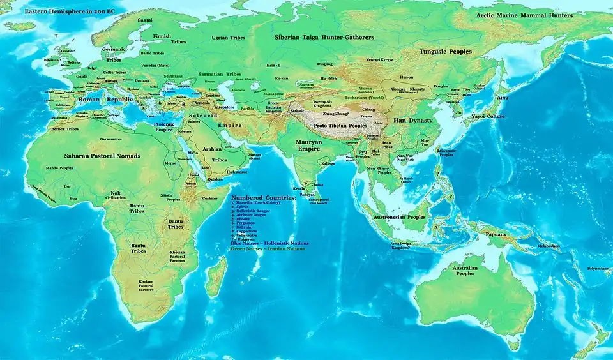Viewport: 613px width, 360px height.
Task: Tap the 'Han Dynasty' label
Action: click(x=412, y=120)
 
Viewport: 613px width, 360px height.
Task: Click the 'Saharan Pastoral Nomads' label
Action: click(x=102, y=156)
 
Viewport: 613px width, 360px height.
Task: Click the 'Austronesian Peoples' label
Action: click(x=398, y=217)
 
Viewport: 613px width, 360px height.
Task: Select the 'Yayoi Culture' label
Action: click(x=488, y=117)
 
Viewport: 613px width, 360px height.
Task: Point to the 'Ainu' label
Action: click(x=503, y=97)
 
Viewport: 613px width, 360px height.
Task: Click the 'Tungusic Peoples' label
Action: click(x=445, y=51)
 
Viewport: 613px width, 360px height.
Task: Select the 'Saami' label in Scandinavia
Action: click(x=145, y=20)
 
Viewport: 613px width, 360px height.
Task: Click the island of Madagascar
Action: click(x=216, y=275)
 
